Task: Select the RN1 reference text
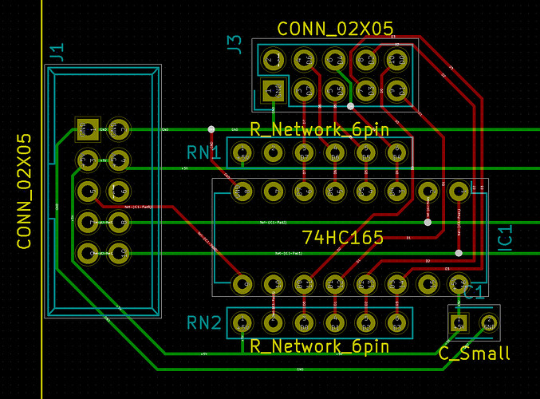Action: tap(204, 152)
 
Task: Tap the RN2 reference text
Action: tap(204, 323)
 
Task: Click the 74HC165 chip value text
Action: tap(344, 237)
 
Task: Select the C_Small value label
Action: tap(475, 353)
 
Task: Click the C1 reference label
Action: tap(474, 292)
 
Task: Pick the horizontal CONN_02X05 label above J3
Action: tap(335, 29)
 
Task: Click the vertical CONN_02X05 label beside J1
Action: tap(25, 191)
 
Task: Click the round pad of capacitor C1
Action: tap(489, 323)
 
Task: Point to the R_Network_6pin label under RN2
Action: tap(319, 346)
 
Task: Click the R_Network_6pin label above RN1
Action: tap(319, 130)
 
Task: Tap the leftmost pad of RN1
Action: tap(242, 151)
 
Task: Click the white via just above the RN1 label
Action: tap(211, 128)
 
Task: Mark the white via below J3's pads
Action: tap(350, 106)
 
